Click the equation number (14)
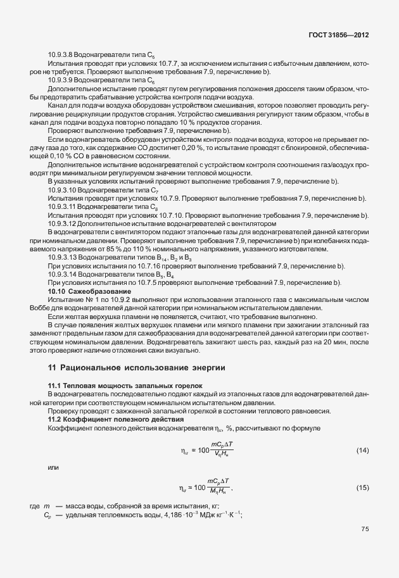coord(362,450)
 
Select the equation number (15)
coord(362,487)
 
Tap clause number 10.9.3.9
coord(63,80)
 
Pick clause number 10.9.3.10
coord(64,190)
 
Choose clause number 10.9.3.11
coord(64,206)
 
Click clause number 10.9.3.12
coord(64,223)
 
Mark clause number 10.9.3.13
coord(64,257)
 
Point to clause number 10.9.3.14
coord(64,273)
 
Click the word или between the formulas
coord(54,468)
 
